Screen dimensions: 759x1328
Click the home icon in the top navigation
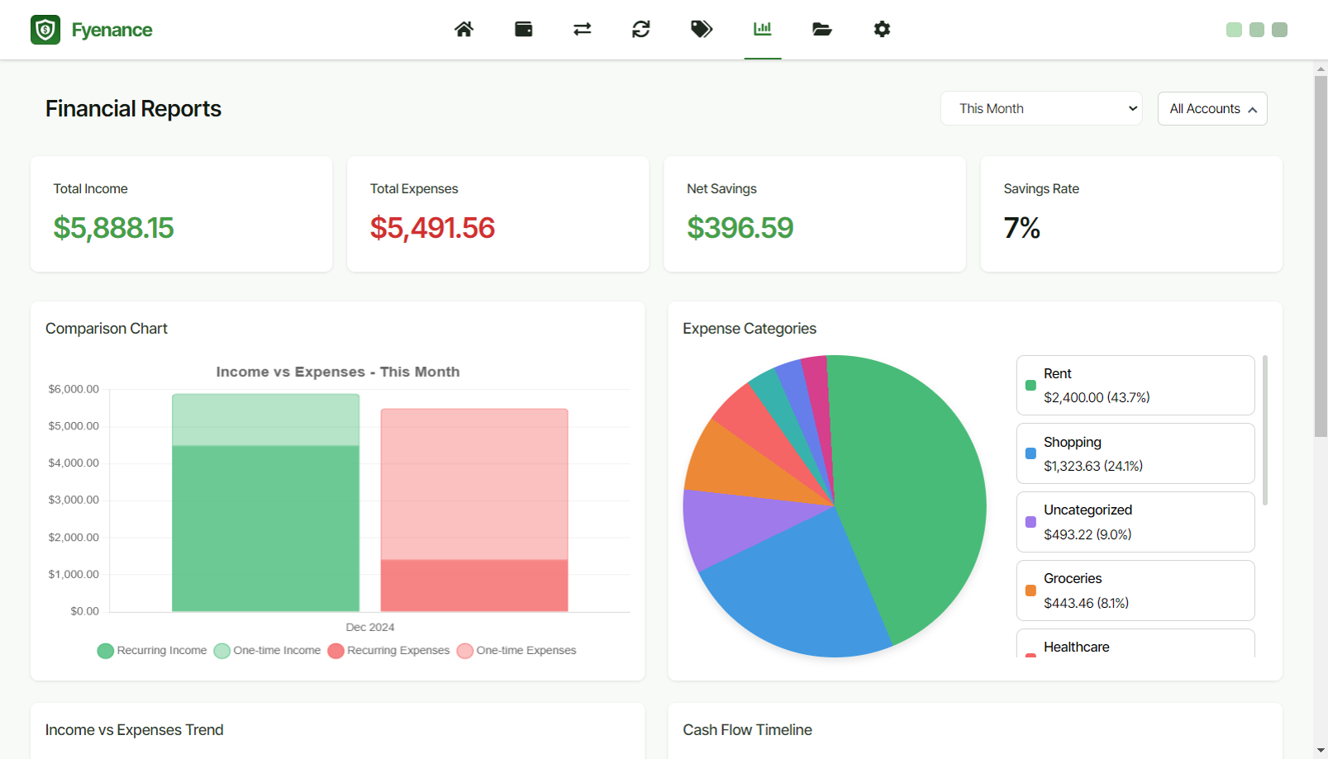[464, 30]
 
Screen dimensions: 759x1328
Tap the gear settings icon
[882, 30]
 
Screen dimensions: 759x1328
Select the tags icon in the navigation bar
[701, 30]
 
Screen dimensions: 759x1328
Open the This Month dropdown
[1040, 108]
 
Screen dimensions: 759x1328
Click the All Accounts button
[1211, 109]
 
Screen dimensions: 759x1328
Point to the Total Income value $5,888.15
[114, 228]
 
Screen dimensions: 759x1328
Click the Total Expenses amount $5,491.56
[432, 228]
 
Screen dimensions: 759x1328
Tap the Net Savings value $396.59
[740, 228]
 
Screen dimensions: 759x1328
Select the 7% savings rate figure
[1021, 228]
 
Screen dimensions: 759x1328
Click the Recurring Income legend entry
[153, 651]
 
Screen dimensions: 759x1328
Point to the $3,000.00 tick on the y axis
[74, 500]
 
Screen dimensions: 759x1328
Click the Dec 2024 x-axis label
[369, 628]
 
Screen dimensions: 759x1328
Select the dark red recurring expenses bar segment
[474, 586]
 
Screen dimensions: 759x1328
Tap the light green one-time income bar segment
[265, 420]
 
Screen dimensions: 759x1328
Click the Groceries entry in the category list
[1135, 591]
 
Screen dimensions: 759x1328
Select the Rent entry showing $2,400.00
[1135, 385]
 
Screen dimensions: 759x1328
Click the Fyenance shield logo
[45, 30]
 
